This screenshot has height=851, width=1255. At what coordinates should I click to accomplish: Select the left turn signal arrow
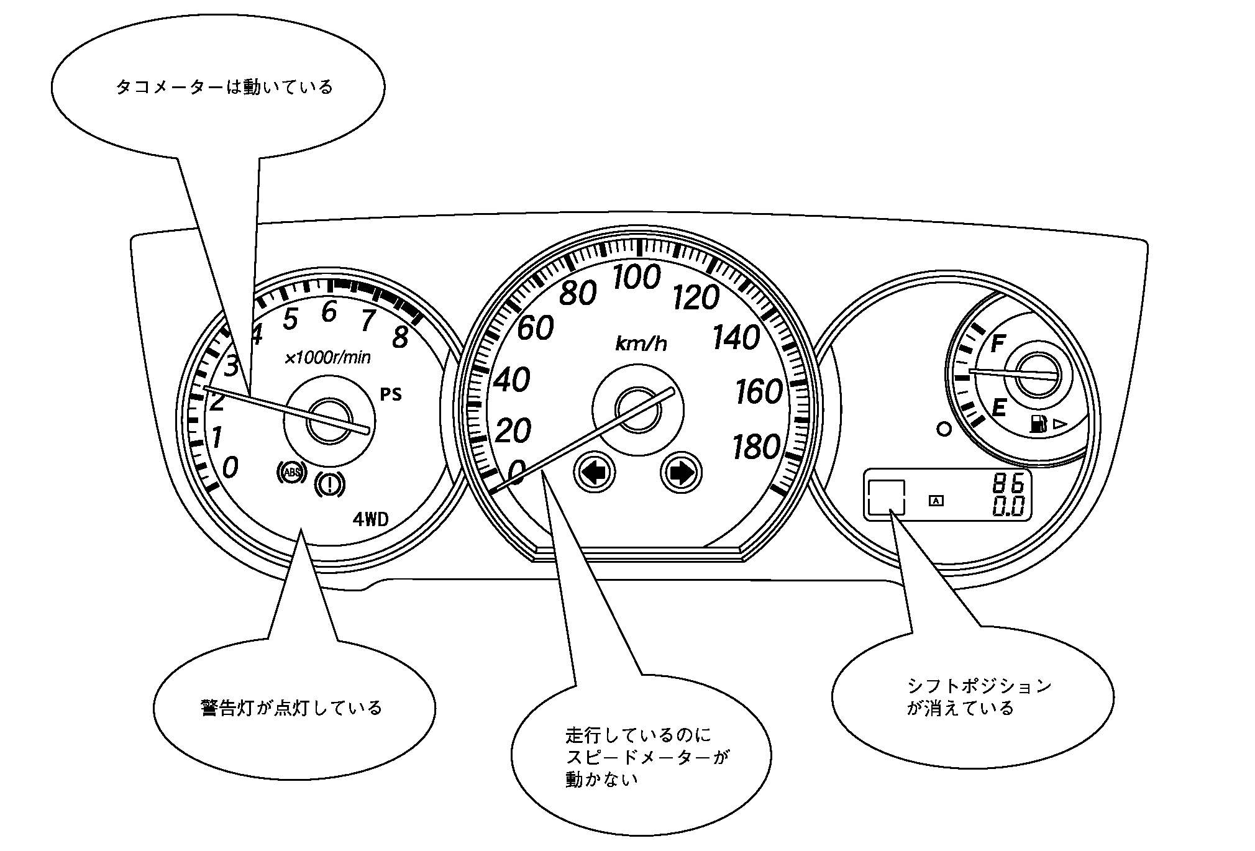pos(595,473)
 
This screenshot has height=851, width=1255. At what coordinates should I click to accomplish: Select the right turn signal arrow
pos(681,473)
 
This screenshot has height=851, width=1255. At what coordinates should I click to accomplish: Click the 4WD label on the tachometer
pos(370,519)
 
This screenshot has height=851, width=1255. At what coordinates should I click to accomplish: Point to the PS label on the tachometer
pos(391,394)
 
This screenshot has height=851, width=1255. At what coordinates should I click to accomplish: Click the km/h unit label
pos(641,344)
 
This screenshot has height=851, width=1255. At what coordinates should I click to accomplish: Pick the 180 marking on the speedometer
pos(756,447)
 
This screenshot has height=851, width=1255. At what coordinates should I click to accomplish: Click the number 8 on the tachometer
pos(401,337)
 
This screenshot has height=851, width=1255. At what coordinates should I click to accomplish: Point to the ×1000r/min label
pos(327,358)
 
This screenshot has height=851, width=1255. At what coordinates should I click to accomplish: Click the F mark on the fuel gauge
pos(997,344)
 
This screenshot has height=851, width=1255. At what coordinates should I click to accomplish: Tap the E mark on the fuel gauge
pos(998,408)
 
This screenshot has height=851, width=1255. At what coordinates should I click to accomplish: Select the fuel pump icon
pos(1038,424)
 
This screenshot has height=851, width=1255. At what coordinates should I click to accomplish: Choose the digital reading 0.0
pos(1008,507)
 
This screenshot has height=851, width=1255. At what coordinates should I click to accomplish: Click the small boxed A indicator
pos(936,500)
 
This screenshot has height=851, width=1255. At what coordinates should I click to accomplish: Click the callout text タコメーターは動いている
pos(224,87)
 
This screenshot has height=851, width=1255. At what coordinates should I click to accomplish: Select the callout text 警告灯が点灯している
pos(291,708)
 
